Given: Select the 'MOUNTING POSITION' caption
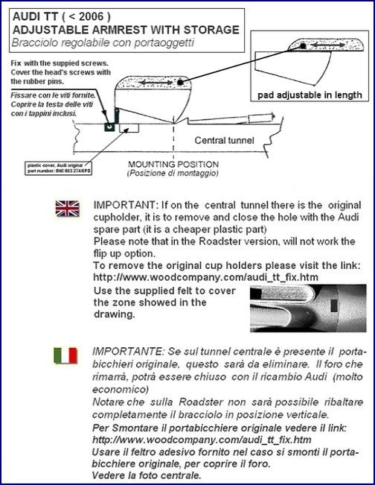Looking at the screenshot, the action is [x=173, y=164].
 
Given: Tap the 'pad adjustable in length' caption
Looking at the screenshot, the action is [x=310, y=95].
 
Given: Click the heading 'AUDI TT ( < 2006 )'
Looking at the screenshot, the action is [x=57, y=16].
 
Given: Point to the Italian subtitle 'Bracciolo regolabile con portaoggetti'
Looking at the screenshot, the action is [x=93, y=42].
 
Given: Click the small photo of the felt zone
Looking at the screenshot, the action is [x=304, y=308].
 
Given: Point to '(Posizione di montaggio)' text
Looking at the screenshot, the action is [x=173, y=173].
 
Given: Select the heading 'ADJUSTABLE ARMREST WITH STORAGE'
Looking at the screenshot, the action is [x=123, y=30].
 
